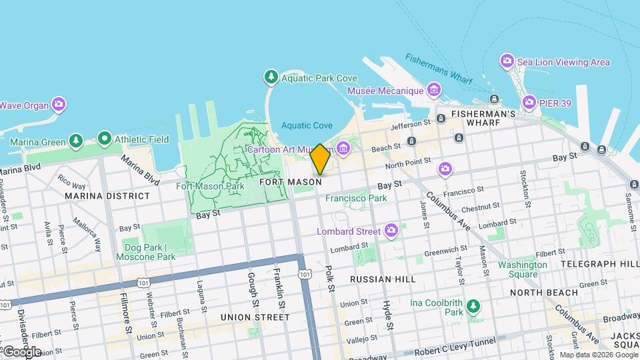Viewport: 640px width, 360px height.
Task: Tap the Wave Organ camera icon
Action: point(59,104)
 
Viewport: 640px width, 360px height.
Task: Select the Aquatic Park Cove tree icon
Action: point(271,77)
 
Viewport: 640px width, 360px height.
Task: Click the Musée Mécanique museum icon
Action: point(434,90)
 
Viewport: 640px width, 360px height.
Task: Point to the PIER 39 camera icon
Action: point(529,102)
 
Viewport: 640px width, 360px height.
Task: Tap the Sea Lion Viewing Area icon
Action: point(507,62)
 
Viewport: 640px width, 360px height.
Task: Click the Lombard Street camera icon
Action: point(391,231)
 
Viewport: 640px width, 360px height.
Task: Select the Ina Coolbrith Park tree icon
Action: point(473,306)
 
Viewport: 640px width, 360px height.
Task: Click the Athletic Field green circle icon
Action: point(104,139)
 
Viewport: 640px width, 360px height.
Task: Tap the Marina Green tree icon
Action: point(77,141)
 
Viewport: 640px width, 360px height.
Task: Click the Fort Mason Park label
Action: point(210,186)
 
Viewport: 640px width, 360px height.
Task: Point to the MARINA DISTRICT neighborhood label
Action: point(107,196)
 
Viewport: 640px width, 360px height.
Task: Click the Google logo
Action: point(21,351)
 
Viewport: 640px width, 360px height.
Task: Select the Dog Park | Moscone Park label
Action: point(145,251)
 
